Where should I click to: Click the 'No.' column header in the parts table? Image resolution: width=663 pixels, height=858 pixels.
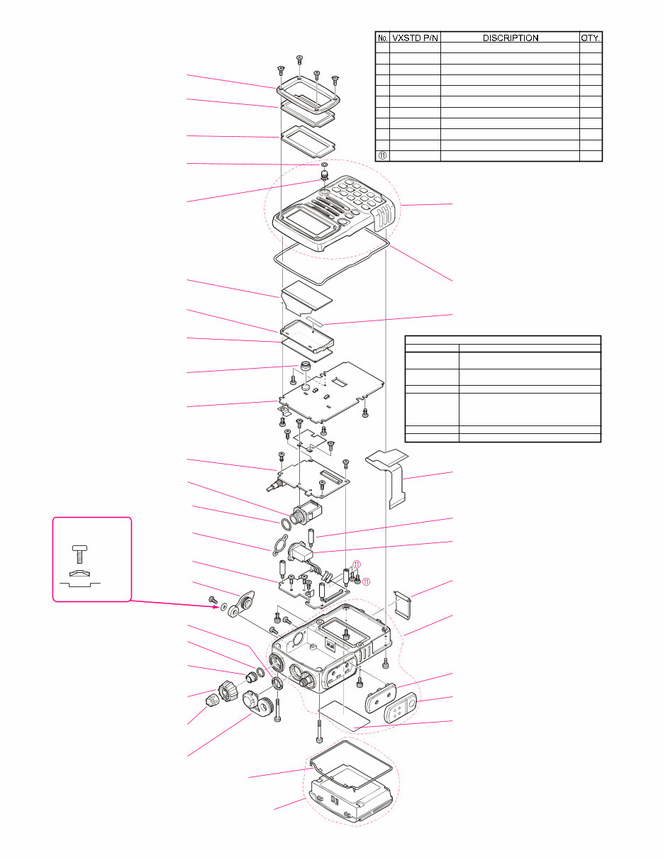[x=381, y=38]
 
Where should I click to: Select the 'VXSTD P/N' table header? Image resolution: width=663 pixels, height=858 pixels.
[x=415, y=38]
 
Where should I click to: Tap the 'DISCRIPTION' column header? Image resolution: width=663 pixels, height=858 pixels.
[x=511, y=38]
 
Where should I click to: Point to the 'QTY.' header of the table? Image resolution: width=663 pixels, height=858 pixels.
[x=591, y=38]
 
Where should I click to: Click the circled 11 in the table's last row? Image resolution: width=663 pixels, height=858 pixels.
[x=382, y=155]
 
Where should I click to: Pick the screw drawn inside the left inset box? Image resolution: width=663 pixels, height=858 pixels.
[x=79, y=550]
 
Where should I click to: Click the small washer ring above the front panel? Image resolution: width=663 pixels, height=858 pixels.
[x=324, y=165]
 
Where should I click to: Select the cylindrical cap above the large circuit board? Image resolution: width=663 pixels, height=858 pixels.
[x=305, y=368]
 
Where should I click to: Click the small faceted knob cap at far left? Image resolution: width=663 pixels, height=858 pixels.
[x=212, y=703]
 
